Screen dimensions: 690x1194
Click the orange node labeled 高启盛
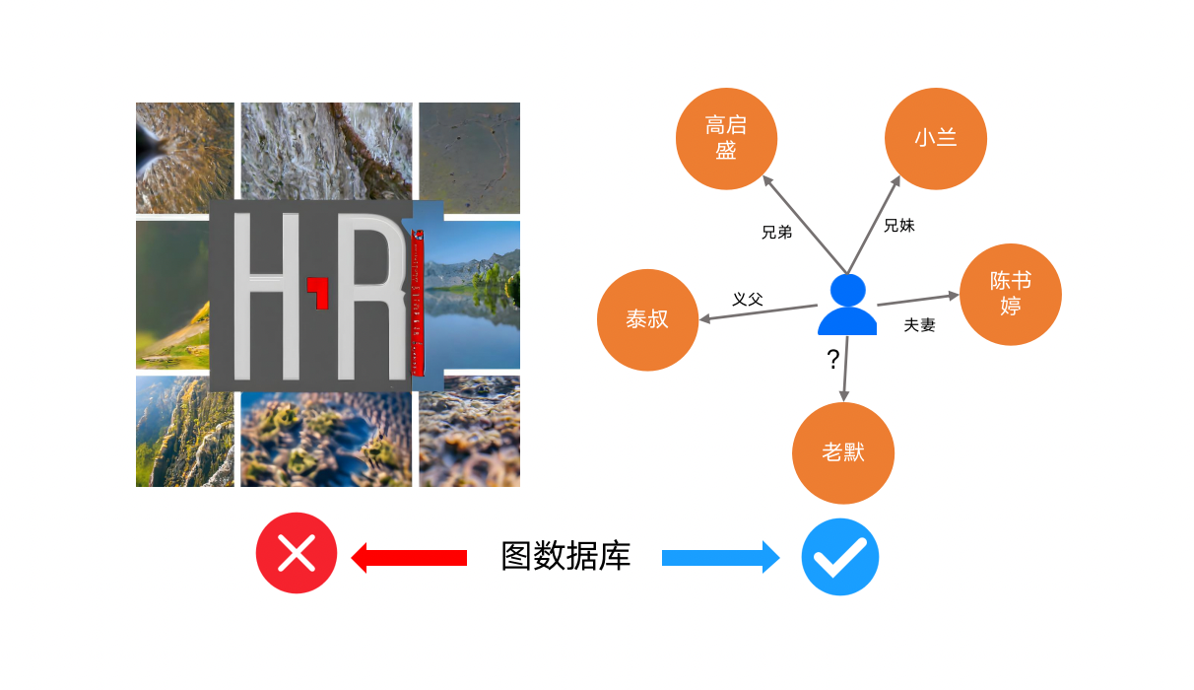tap(726, 139)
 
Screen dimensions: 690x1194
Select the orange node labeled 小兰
tap(935, 139)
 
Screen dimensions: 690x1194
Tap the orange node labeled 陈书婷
tap(1010, 294)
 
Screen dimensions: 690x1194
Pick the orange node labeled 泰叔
tap(647, 320)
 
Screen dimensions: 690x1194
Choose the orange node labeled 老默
tap(842, 453)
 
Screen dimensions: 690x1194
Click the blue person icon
tap(847, 305)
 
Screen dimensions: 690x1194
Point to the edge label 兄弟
tap(777, 233)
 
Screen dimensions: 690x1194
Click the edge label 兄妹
tap(898, 226)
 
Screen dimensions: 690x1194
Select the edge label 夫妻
tap(919, 325)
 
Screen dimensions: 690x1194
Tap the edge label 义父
tap(748, 299)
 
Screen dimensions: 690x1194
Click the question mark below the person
tap(833, 360)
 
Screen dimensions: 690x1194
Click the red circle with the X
tap(297, 554)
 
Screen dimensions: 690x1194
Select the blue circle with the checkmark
tap(839, 557)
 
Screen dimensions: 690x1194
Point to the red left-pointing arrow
tap(409, 558)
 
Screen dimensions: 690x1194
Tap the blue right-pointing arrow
tap(720, 557)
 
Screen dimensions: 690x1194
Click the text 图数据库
tap(565, 557)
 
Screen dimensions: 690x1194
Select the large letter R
tap(371, 296)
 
